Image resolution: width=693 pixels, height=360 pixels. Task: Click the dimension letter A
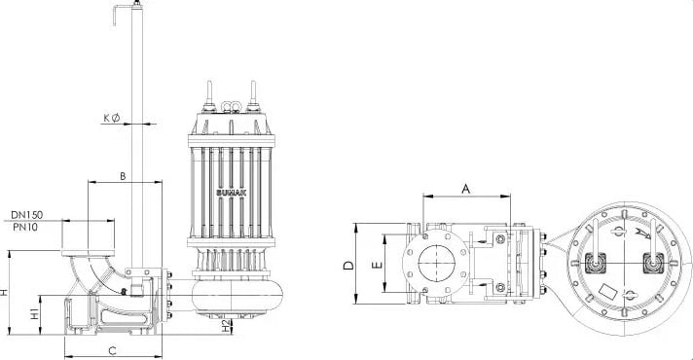(x=466, y=189)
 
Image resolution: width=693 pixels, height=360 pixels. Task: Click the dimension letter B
(x=123, y=176)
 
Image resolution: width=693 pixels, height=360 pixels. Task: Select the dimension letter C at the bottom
(x=113, y=351)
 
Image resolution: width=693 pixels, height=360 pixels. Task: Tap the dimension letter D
(x=349, y=266)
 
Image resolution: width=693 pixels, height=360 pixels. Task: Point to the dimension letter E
(x=377, y=265)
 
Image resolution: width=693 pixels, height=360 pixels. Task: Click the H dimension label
(x=4, y=293)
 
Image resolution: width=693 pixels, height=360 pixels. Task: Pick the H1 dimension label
(x=34, y=313)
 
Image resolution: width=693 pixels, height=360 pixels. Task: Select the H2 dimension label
(x=226, y=326)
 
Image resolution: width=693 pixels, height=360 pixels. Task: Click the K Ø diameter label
(x=112, y=118)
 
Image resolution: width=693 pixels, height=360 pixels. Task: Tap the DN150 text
(x=27, y=215)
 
